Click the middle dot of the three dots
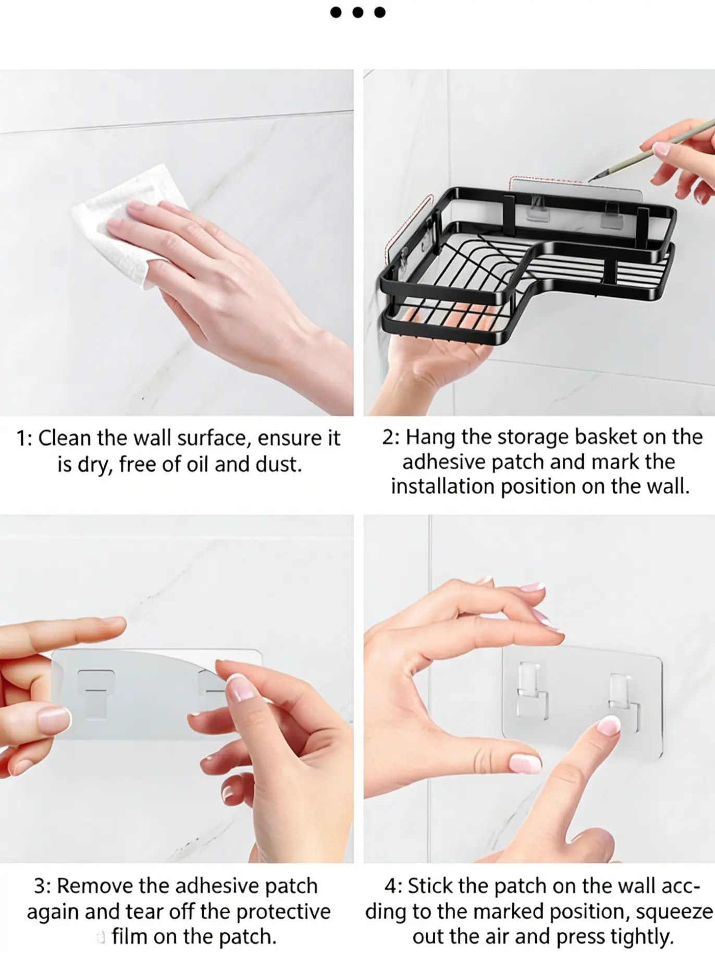click(358, 11)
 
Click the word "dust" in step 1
click(279, 464)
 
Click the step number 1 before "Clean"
click(22, 438)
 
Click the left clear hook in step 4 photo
click(532, 691)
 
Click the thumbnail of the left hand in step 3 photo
click(54, 721)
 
